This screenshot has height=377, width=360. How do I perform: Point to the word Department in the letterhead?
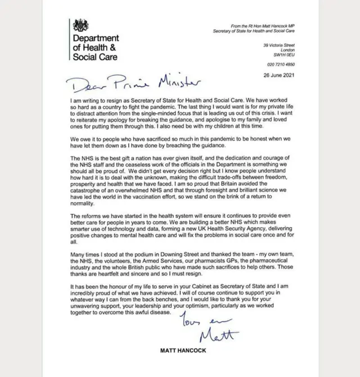pyautogui.click(x=98, y=38)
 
